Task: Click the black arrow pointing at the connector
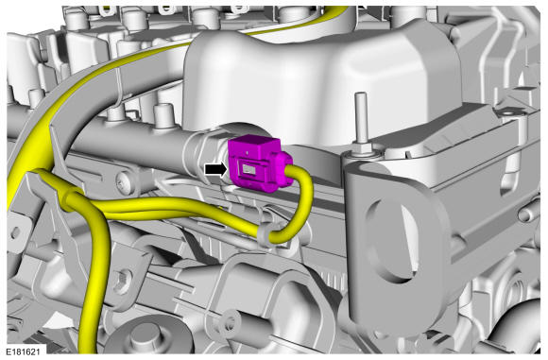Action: click(x=215, y=169)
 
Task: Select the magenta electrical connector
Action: click(x=259, y=163)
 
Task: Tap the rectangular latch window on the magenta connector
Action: click(x=249, y=170)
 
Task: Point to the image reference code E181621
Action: click(x=23, y=351)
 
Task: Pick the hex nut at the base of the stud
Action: click(x=362, y=148)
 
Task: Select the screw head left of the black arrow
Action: click(x=124, y=183)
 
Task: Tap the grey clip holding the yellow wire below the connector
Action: click(x=265, y=234)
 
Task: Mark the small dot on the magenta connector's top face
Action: click(x=248, y=153)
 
